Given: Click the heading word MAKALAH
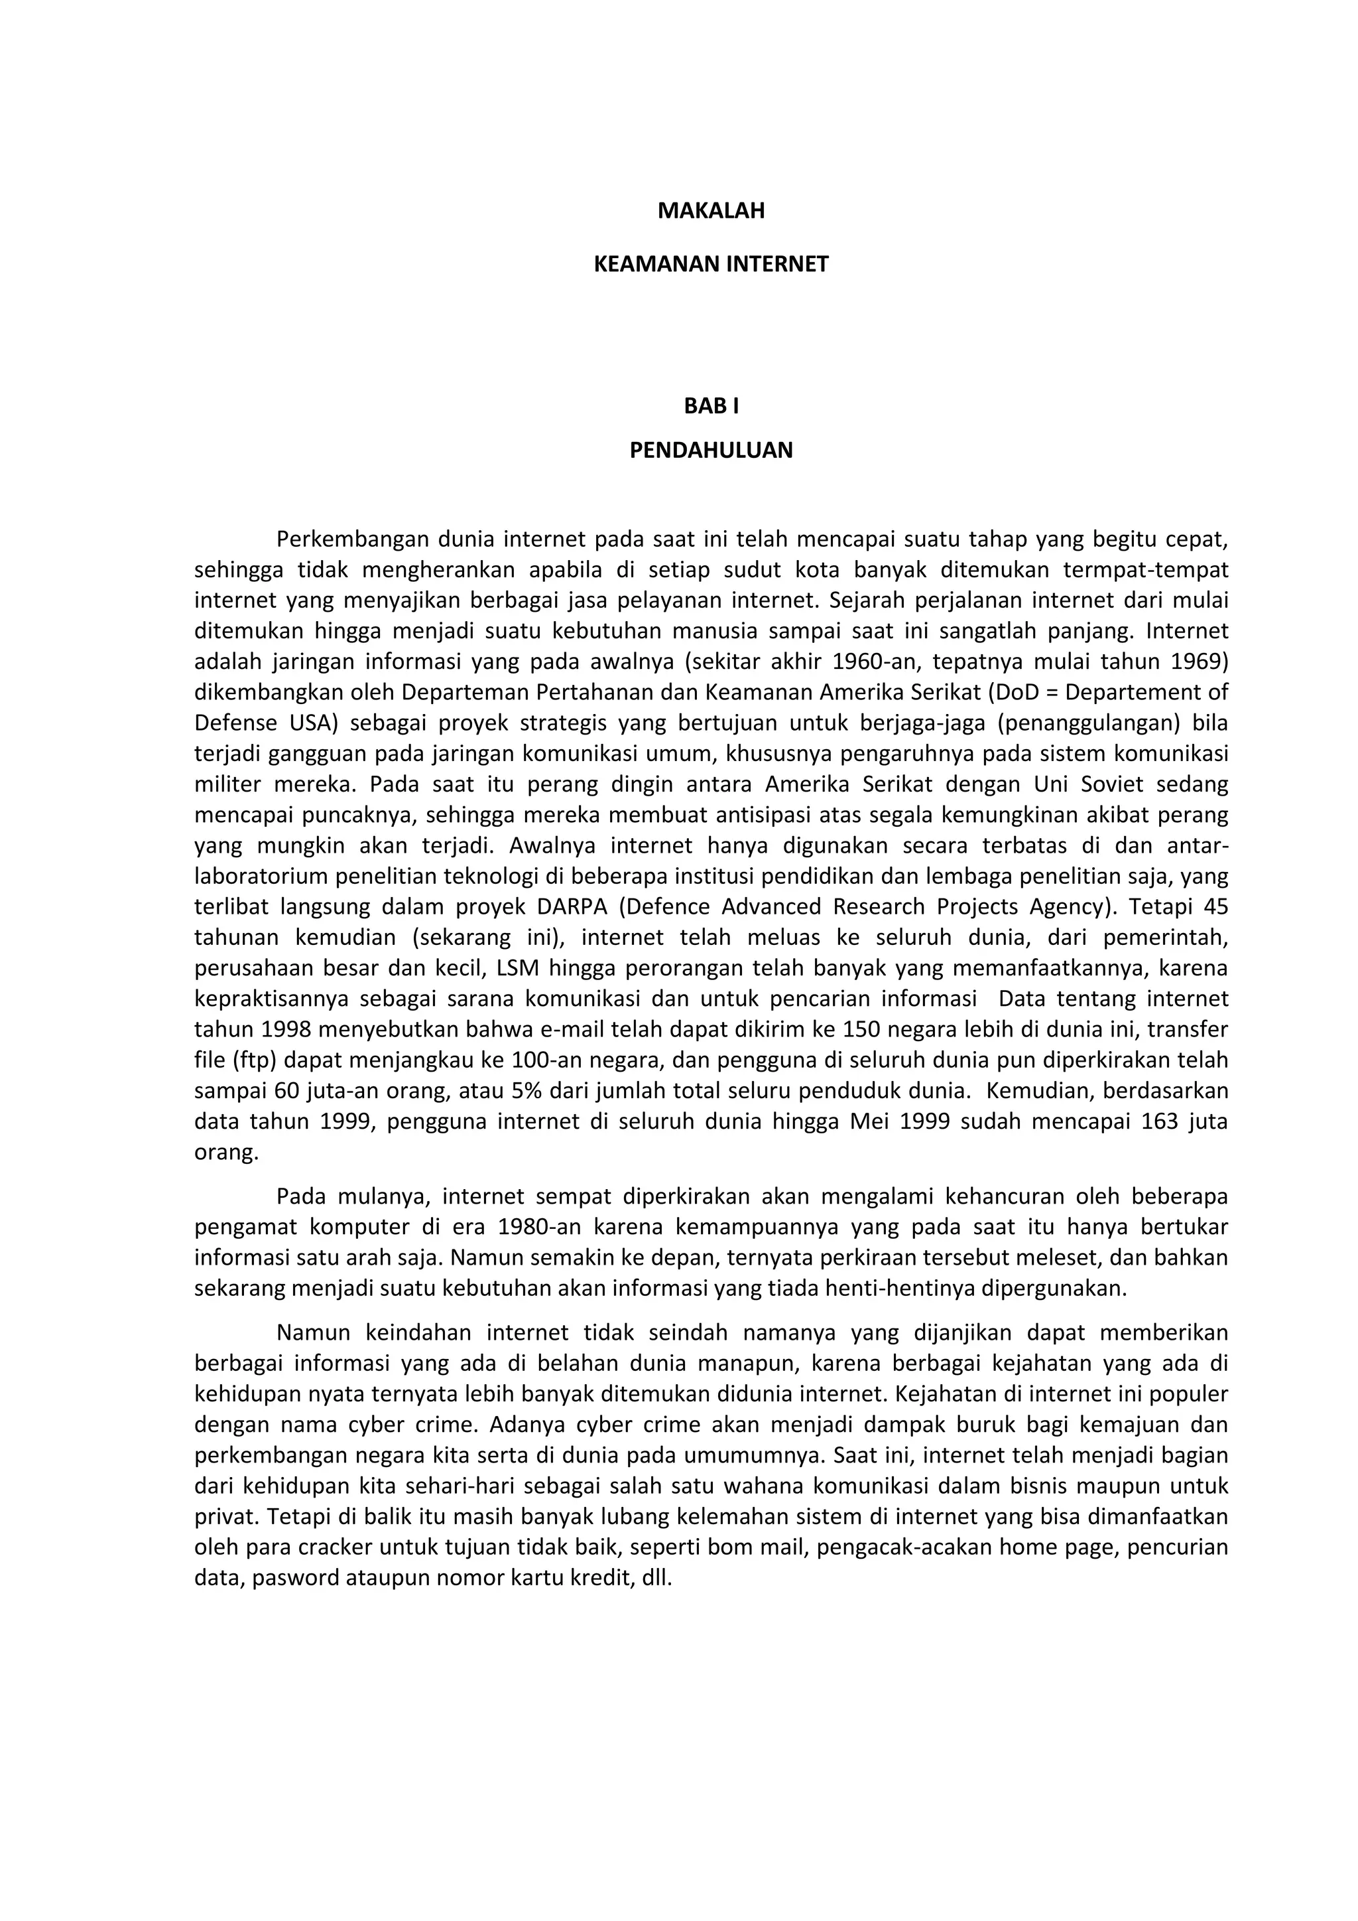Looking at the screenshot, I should click(x=711, y=211).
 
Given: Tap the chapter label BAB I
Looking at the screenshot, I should click(x=711, y=406).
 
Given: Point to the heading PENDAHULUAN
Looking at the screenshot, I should click(x=711, y=451).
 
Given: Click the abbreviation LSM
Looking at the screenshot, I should click(x=519, y=968).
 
